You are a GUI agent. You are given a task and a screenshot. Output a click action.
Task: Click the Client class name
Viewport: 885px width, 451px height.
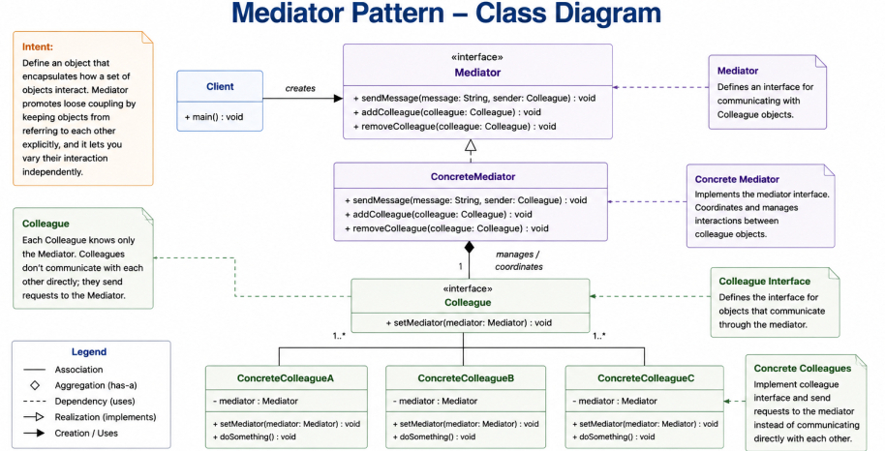click(x=220, y=86)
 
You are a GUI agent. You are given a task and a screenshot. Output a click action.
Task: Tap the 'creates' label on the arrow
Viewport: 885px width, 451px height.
click(x=300, y=88)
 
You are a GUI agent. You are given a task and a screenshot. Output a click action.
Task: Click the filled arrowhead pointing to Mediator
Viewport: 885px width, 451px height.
click(x=338, y=98)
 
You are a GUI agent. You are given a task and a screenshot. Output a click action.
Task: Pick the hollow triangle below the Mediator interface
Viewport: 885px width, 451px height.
click(x=471, y=145)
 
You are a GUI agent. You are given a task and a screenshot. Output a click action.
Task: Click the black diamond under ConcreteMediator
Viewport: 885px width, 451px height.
click(x=469, y=247)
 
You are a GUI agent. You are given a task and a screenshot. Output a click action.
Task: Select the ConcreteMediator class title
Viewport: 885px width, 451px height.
click(x=473, y=177)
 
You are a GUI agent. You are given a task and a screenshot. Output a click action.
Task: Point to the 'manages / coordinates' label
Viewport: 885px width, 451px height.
click(x=519, y=260)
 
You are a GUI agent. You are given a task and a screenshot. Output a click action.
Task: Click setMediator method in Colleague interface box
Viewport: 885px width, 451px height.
click(x=469, y=323)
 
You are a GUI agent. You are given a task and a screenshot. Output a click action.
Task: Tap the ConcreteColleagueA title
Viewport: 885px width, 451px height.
click(x=286, y=378)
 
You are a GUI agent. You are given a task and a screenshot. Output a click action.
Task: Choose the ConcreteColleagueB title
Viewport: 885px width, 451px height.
click(x=466, y=378)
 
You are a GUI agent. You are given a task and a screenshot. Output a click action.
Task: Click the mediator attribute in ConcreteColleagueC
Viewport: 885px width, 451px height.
click(x=615, y=401)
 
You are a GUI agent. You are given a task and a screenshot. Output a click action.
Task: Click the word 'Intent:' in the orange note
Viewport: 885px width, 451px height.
click(x=38, y=46)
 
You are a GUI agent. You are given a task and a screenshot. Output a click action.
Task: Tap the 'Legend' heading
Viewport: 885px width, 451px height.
click(x=89, y=351)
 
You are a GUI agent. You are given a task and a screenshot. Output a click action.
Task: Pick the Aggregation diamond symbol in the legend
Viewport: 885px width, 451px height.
click(x=35, y=385)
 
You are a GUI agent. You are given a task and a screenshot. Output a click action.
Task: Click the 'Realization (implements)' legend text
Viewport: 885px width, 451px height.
click(x=106, y=417)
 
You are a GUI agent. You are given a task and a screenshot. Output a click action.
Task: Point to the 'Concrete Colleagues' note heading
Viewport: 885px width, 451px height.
click(x=803, y=368)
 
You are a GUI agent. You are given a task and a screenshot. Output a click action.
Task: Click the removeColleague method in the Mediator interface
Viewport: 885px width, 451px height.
click(x=455, y=127)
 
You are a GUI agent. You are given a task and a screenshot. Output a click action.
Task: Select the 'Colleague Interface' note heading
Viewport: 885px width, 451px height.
click(x=765, y=281)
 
